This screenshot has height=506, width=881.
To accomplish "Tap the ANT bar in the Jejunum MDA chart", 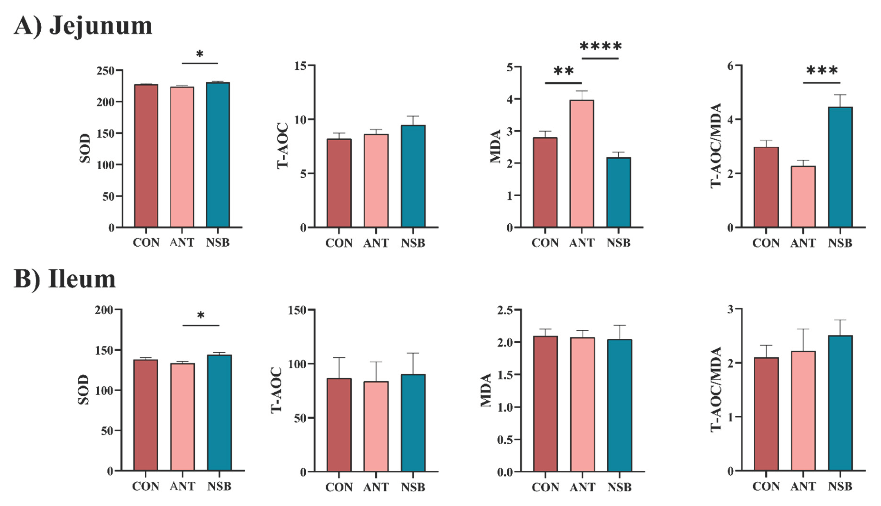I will pos(582,163).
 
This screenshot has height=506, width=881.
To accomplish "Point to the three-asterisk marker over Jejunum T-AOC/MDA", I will pos(822,70).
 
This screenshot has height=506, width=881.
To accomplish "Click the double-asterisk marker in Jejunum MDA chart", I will pos(563,71).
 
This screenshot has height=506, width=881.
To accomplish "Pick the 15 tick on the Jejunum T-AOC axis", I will pos(302,66).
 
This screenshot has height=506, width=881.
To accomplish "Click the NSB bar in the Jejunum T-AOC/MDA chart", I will pos(840,167).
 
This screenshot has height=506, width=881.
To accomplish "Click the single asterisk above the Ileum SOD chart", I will pos(201,316).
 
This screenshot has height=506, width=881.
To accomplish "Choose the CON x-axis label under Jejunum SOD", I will pos(146,243).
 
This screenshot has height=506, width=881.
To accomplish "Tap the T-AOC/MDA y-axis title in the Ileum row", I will pos(716,389).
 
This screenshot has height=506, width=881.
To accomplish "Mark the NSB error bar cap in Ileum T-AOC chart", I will pos(413,353).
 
